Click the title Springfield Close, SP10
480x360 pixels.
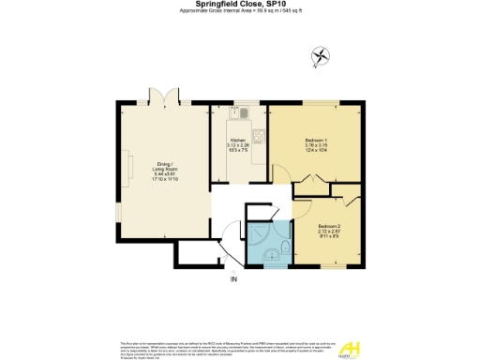click(x=240, y=4)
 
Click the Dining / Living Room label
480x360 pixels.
click(x=165, y=169)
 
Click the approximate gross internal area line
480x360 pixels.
click(x=240, y=11)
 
